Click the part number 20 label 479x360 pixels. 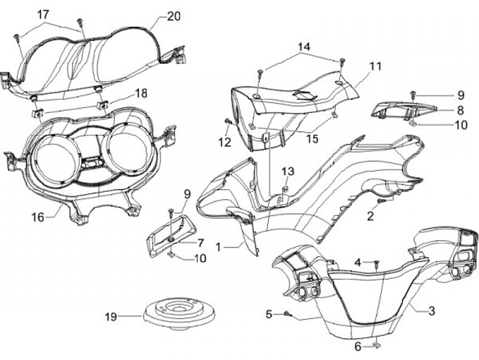pos(173,16)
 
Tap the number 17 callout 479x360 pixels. pos(43,15)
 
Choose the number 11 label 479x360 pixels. pos(376,66)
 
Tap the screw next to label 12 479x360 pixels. pos(229,121)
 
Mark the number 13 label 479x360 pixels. pos(287,172)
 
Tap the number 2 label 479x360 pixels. pos(371,216)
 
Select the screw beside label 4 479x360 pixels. pos(376,263)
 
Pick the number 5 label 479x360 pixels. pos(269,313)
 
